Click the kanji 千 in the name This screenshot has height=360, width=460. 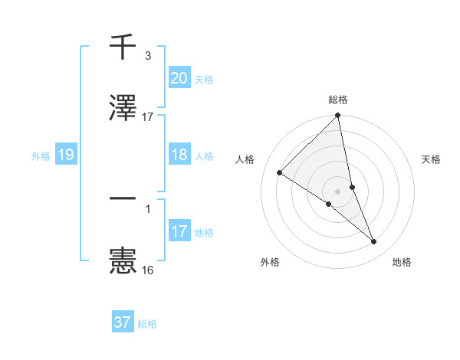coord(123,47)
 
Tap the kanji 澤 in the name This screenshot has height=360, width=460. coord(123,108)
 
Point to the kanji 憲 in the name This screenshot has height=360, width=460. coord(123,260)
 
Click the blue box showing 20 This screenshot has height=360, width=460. coord(179,78)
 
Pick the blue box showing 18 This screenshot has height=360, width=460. coord(179,155)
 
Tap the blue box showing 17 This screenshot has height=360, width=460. coord(179,231)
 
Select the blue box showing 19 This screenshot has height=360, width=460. coord(65,155)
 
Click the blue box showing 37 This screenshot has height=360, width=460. coord(122,322)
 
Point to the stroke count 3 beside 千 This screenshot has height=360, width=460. coord(147,56)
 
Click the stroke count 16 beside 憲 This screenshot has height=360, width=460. coord(147,270)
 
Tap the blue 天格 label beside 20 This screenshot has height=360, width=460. coord(204,79)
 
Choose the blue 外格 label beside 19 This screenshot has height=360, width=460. coord(41,155)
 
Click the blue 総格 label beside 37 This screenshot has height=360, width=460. coord(147,323)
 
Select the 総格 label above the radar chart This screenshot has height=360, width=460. coord(338,100)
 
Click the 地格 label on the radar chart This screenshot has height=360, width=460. coord(402,263)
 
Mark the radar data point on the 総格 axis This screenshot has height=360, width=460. coord(338,116)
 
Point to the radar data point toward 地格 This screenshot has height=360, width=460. coord(374,242)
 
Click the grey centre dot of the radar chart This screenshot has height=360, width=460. coord(338,191)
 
